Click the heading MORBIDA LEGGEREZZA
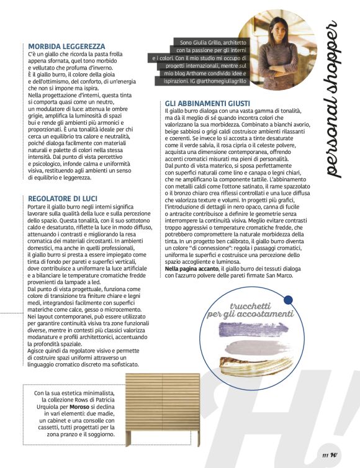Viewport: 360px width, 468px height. (x=66, y=46)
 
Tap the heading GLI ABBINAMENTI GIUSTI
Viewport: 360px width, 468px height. (x=208, y=102)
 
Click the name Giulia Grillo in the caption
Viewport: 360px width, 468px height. (x=206, y=43)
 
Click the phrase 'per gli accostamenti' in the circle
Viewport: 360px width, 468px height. (x=250, y=315)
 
